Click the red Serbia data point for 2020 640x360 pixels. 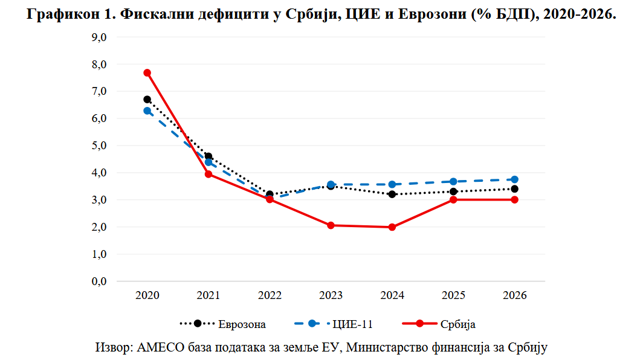[x=147, y=72]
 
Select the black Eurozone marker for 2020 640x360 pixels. [x=147, y=99]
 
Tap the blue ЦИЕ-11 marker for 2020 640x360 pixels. [x=147, y=111]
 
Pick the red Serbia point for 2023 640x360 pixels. [x=331, y=225]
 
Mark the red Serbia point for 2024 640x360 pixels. [x=392, y=227]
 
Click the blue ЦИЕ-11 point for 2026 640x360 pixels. [x=514, y=179]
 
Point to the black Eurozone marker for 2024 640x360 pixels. [x=392, y=194]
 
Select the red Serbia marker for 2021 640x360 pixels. [x=208, y=174]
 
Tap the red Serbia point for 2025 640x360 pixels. [x=453, y=199]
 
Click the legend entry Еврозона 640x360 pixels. [x=242, y=324]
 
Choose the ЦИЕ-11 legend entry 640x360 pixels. [x=352, y=324]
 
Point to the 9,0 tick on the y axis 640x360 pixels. [x=99, y=37]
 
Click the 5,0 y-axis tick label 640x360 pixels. [x=99, y=146]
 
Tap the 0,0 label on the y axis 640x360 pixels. [x=99, y=281]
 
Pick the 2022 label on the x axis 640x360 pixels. [x=270, y=296]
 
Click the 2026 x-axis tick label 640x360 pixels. [x=514, y=296]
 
